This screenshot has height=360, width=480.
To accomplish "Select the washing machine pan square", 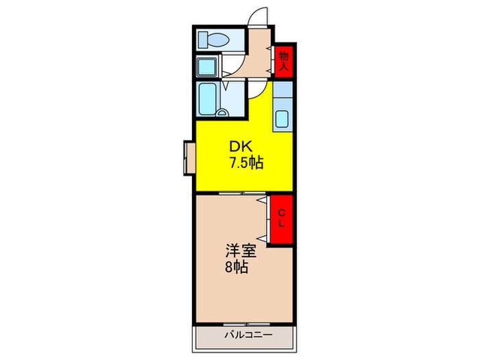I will click(207, 67).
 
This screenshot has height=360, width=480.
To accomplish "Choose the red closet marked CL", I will click(282, 219).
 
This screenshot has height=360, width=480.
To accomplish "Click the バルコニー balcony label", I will click(248, 335).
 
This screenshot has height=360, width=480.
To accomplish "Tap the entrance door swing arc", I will click(259, 16).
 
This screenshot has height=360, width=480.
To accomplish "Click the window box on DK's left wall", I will click(189, 158).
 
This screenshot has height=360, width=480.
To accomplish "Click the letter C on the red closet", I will click(282, 213).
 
